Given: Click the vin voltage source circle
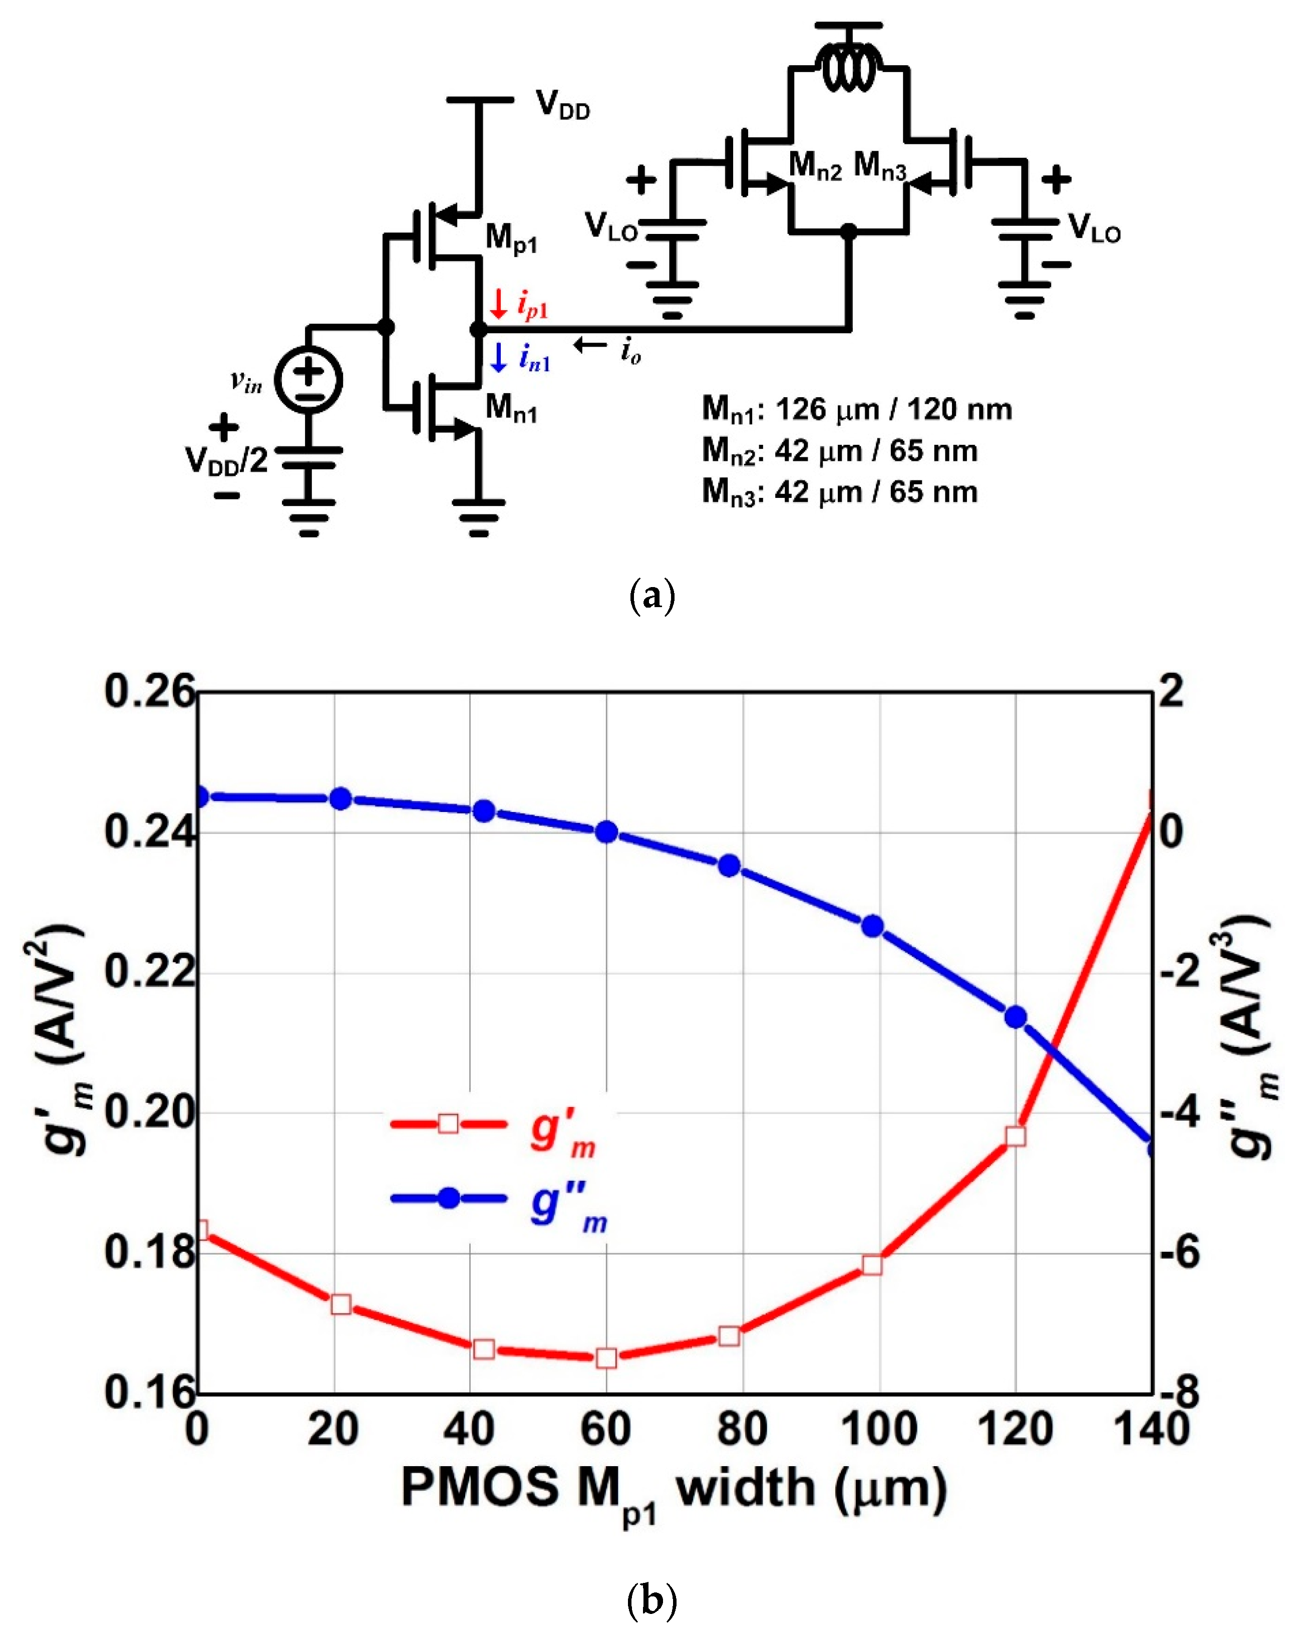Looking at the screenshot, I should tap(308, 379).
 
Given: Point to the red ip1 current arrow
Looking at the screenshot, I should tap(499, 304).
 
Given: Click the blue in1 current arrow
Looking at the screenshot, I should tap(499, 357).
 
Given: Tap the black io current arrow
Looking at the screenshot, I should tap(590, 346).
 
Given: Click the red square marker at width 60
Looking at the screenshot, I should tap(606, 1358).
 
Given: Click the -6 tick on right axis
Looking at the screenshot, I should tap(1179, 1252).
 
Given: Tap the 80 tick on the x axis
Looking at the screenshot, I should tap(742, 1429).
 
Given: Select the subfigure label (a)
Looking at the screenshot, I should tap(652, 596).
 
